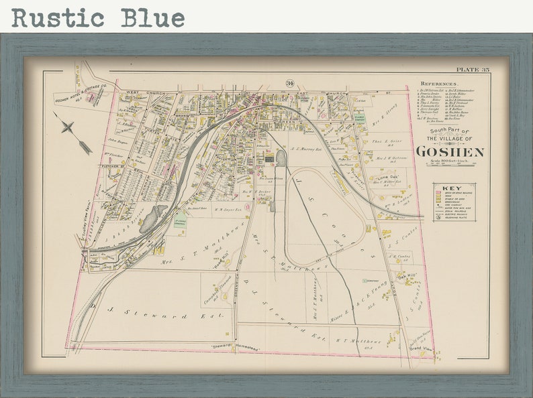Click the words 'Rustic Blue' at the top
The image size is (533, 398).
(98, 17)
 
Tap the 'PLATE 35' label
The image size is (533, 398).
(473, 70)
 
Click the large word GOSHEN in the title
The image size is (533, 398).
(449, 152)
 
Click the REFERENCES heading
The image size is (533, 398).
(436, 84)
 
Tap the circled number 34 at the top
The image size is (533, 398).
(289, 84)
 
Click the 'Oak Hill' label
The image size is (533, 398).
(407, 276)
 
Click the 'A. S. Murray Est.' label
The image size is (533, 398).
(306, 149)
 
